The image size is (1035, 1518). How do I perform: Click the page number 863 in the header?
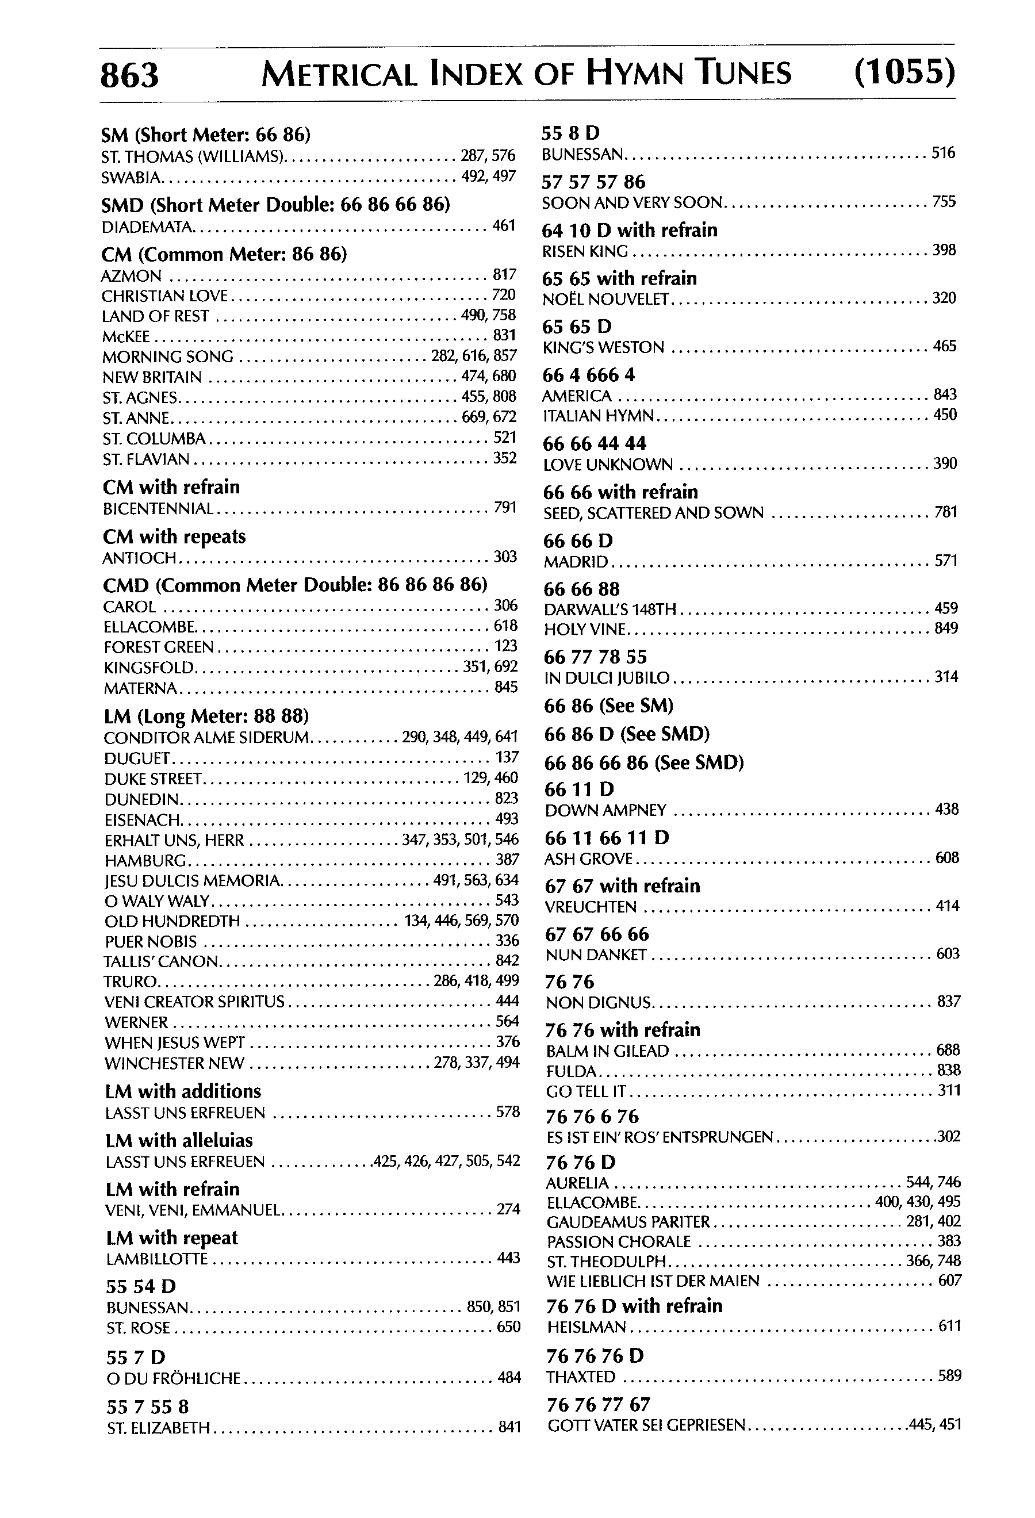pyautogui.click(x=129, y=75)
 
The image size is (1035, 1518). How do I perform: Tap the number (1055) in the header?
pyautogui.click(x=904, y=72)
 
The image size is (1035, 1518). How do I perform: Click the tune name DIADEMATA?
pyautogui.click(x=148, y=227)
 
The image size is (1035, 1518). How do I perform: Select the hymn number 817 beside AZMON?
pyautogui.click(x=505, y=274)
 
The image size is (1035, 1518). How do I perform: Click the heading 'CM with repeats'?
pyautogui.click(x=174, y=536)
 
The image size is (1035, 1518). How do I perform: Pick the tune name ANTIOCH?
pyautogui.click(x=140, y=558)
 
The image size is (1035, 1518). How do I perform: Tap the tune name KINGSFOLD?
pyautogui.click(x=149, y=668)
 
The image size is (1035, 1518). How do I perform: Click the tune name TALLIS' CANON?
pyautogui.click(x=160, y=961)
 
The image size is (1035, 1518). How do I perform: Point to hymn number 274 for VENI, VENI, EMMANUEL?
pyautogui.click(x=508, y=1209)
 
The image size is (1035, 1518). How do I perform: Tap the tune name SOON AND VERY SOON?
pyautogui.click(x=632, y=203)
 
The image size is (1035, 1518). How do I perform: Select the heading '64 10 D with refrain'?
pyautogui.click(x=630, y=230)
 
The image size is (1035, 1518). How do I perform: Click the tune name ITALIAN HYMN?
pyautogui.click(x=599, y=416)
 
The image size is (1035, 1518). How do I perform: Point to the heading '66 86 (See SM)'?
pyautogui.click(x=608, y=706)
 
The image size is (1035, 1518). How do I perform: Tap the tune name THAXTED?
pyautogui.click(x=581, y=1377)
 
